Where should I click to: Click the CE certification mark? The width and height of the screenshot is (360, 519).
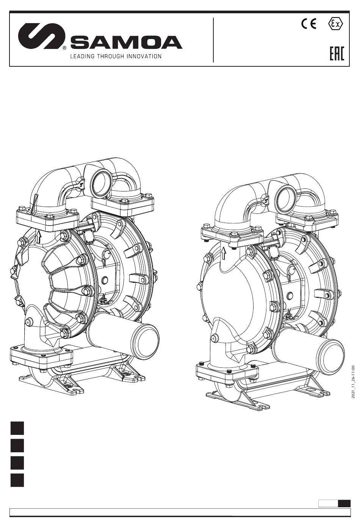(308, 24)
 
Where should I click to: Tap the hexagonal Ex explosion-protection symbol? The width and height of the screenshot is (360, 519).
(336, 24)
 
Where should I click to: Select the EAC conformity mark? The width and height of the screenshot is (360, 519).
(337, 54)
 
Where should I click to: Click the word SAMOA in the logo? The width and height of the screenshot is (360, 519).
(126, 42)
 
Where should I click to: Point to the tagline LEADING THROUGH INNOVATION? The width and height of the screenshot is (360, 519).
(116, 56)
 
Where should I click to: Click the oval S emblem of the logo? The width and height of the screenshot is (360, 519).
(41, 36)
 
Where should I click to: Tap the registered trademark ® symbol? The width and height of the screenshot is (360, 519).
(65, 48)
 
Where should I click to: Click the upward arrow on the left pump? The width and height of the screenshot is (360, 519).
(39, 237)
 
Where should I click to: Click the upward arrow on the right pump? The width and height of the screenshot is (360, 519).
(223, 253)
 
